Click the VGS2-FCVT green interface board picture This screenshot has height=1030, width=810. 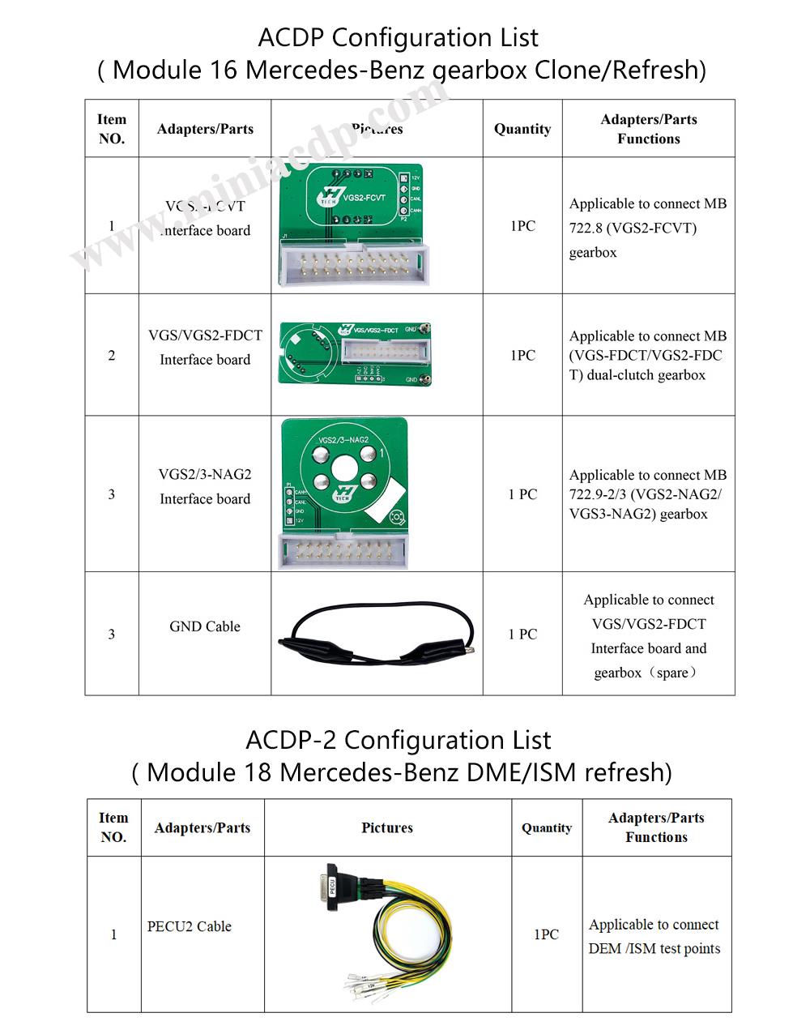[350, 224]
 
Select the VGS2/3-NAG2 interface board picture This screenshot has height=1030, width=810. [343, 493]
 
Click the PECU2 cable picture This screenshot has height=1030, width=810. [387, 932]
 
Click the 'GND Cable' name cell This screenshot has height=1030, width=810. [205, 626]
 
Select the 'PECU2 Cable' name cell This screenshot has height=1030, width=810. [190, 926]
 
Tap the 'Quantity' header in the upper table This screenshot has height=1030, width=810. [522, 129]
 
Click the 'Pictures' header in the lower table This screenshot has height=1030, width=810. [387, 827]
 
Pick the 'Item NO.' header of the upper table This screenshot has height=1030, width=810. [112, 129]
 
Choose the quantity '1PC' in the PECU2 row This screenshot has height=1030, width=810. [547, 934]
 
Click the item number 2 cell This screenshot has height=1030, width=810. [112, 355]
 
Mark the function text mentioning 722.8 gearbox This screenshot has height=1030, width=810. [648, 228]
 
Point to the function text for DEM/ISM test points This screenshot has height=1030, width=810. [654, 936]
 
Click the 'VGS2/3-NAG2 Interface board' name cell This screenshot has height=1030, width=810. [205, 486]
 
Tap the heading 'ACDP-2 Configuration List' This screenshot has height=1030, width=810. [398, 740]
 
